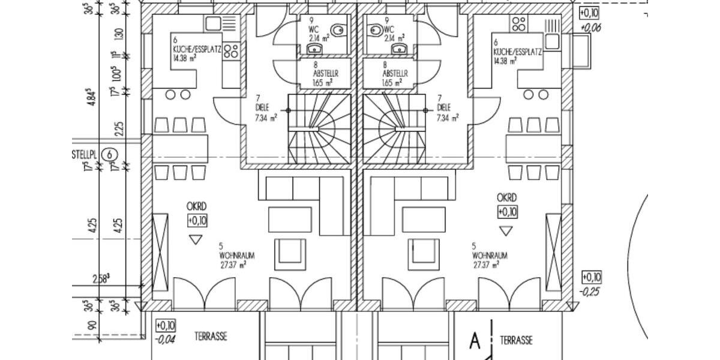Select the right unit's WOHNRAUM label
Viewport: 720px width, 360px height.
tap(489, 255)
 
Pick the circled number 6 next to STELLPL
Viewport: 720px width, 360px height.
tap(109, 154)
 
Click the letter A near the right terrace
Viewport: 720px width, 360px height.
tap(475, 341)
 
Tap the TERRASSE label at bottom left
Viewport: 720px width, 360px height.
tap(211, 337)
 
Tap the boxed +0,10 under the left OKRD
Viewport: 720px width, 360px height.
tap(197, 221)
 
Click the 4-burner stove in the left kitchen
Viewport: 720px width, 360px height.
tap(232, 52)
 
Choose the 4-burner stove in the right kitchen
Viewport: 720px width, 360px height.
tap(519, 24)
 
